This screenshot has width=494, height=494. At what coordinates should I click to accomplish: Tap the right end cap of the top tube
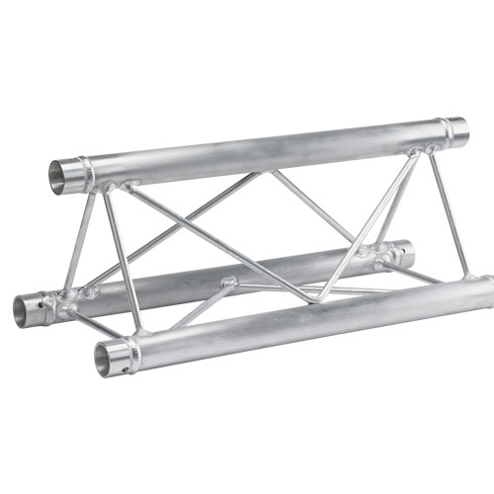[456, 128]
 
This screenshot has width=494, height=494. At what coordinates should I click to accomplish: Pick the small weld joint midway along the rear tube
[229, 282]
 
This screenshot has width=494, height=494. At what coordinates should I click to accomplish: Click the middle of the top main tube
[267, 149]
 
